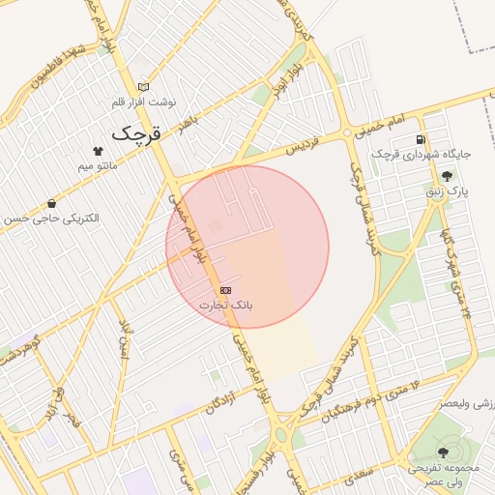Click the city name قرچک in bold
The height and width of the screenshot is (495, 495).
point(134,133)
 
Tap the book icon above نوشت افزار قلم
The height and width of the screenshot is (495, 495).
point(144,86)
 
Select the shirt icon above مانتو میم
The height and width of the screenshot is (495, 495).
point(97,151)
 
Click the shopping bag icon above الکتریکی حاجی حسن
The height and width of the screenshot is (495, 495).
point(50,204)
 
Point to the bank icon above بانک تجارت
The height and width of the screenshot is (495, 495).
point(225,290)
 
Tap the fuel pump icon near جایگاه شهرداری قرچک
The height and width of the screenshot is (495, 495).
point(421,139)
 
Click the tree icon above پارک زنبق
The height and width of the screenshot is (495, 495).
point(447,176)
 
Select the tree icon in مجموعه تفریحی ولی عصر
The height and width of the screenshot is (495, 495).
point(443,452)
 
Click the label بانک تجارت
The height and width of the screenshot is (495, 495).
point(225,305)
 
